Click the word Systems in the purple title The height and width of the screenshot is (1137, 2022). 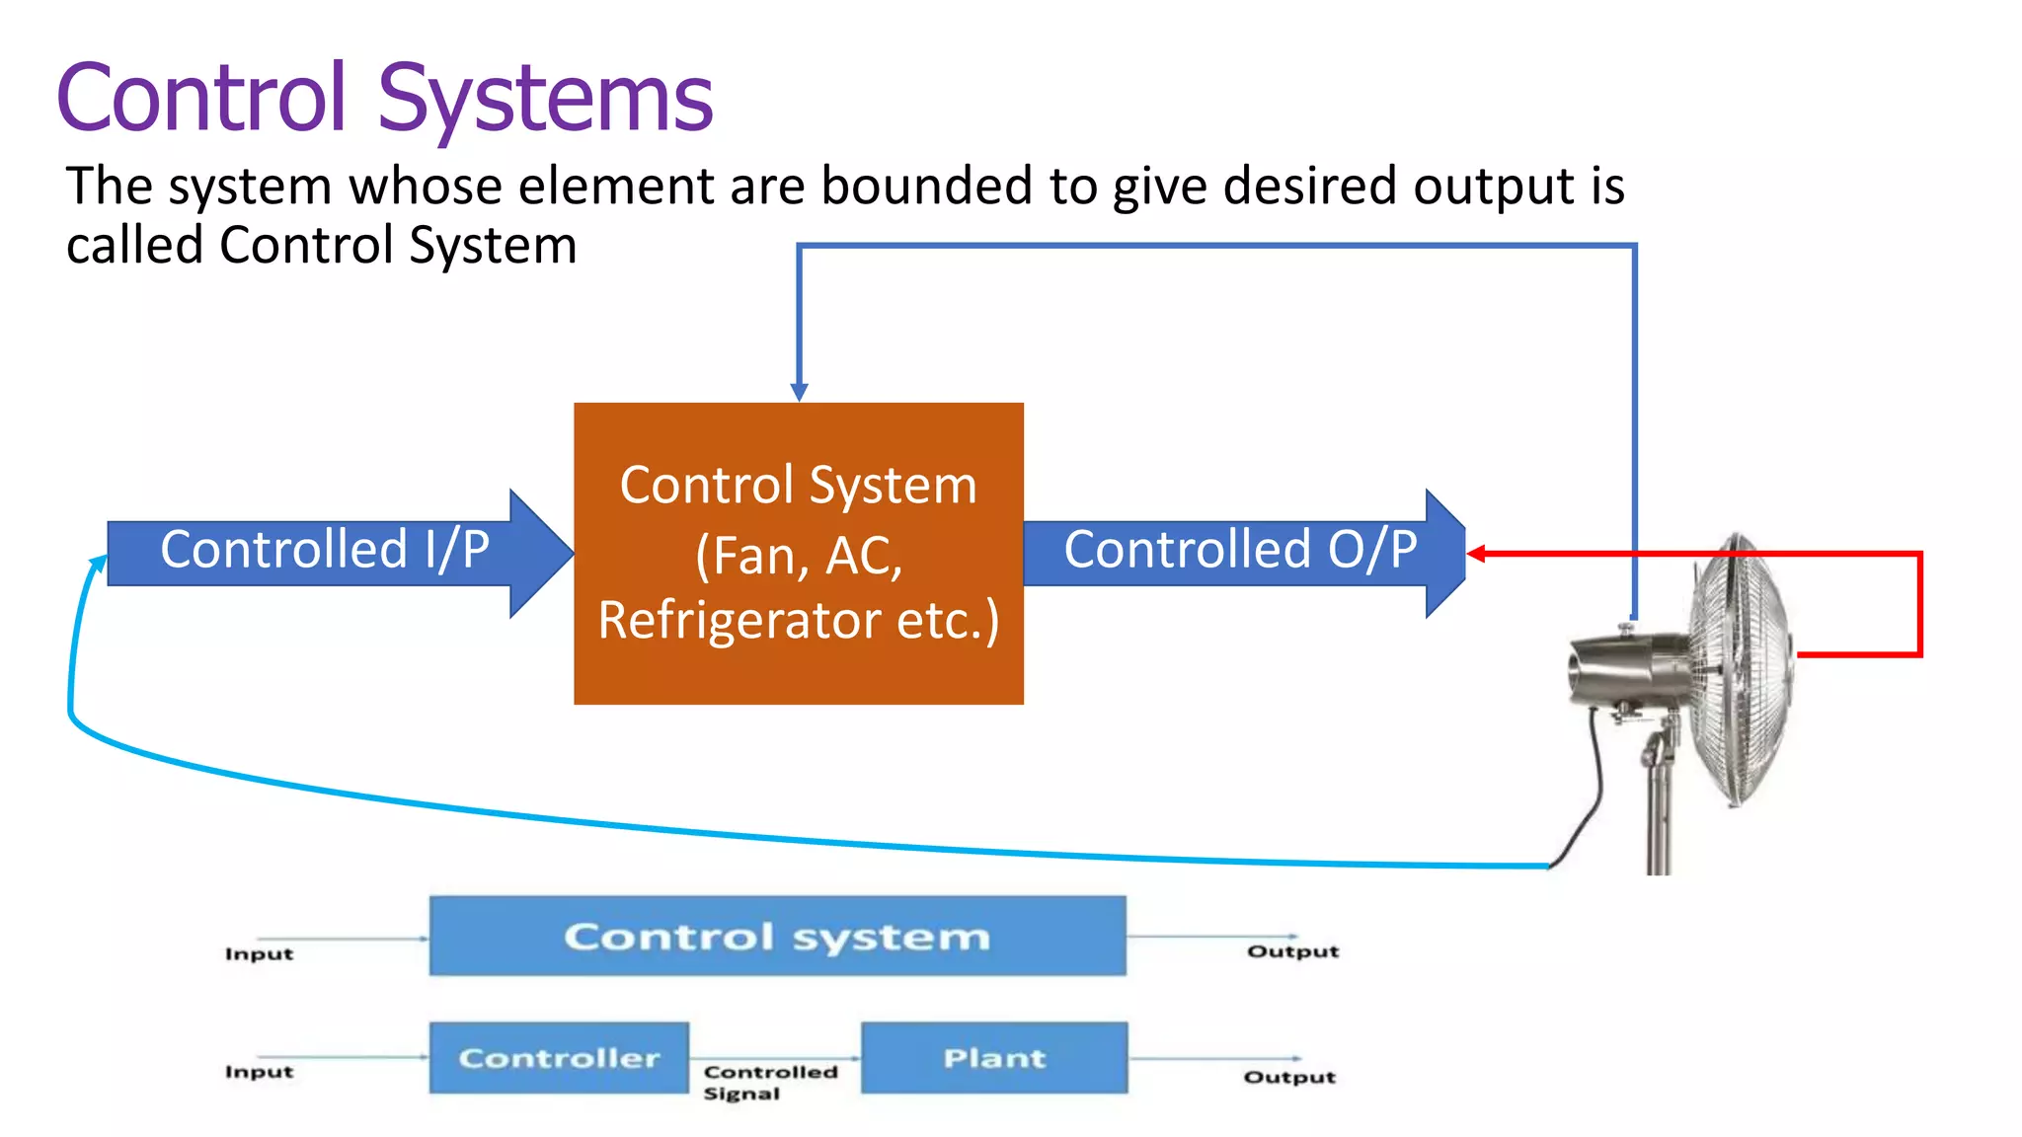pos(545,99)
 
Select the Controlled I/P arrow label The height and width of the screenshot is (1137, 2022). pos(325,550)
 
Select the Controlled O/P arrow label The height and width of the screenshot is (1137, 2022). pos(1240,550)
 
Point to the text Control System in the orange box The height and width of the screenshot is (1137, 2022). pos(798,486)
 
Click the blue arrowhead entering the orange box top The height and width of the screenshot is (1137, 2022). pos(800,392)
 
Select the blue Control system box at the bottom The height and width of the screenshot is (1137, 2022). pos(777,936)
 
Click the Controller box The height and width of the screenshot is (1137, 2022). pos(559,1058)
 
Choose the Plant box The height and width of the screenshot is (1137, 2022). pos(994,1058)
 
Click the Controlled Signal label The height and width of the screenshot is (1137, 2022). pos(770,1082)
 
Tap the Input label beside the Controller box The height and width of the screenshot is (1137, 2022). pos(259,1072)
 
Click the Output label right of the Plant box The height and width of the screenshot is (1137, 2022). pos(1289,1077)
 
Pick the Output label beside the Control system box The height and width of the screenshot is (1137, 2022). pos(1292,951)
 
